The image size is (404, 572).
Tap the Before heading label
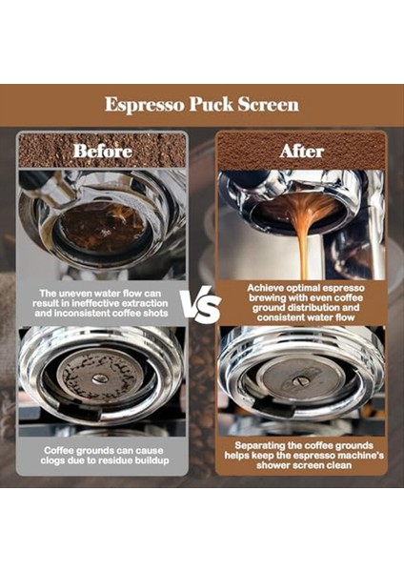pos(102,151)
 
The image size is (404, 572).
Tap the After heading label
pos(300,151)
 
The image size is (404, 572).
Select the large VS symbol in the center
pos(202,307)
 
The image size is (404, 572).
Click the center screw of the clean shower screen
pos(300,381)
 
